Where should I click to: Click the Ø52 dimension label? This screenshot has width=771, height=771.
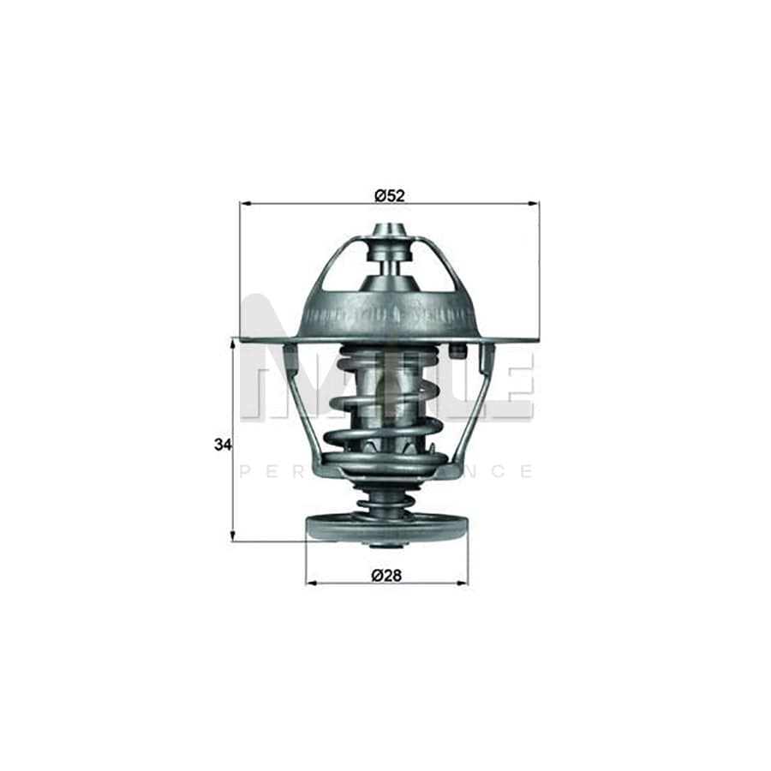(x=389, y=196)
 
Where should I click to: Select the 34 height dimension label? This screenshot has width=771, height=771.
(x=223, y=445)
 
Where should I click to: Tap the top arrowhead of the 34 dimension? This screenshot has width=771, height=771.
(x=232, y=344)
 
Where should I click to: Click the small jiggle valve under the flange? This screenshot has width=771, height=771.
(x=456, y=351)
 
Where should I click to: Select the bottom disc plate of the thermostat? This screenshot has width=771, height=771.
(x=387, y=528)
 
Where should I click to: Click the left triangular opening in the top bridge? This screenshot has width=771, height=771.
(x=347, y=267)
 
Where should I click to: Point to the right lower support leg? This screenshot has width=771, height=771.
(x=476, y=403)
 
